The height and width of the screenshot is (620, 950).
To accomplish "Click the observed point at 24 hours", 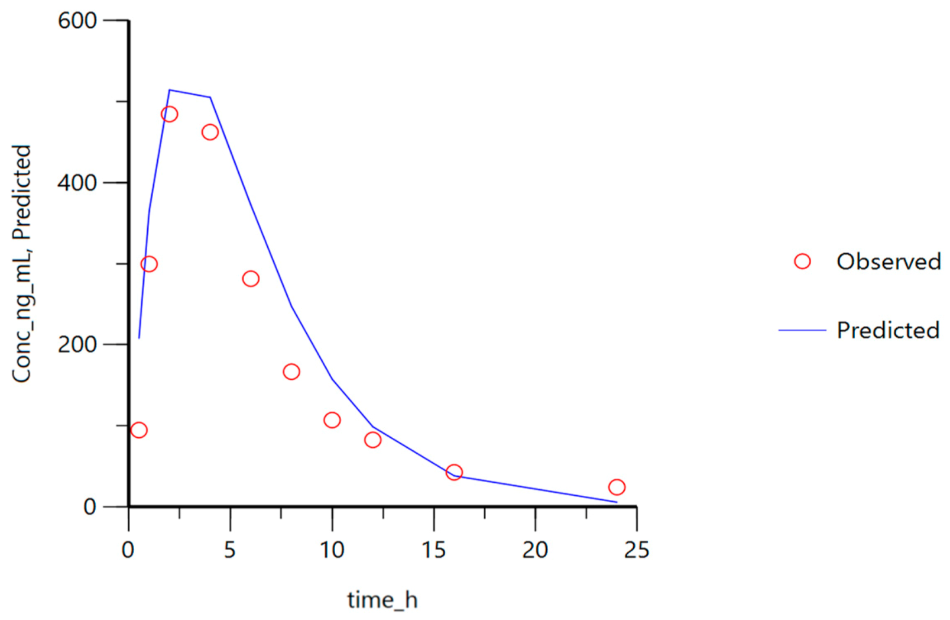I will [616, 487].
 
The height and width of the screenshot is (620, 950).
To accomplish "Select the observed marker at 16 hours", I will [453, 472].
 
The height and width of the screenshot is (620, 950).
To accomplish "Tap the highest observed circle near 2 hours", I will [169, 114].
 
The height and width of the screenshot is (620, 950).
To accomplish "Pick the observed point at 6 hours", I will [251, 279].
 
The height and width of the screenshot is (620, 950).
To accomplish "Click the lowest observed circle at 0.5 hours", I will [139, 430].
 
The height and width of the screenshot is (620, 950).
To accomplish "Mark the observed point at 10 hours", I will [332, 420].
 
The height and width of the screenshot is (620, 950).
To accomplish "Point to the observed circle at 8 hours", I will [291, 372].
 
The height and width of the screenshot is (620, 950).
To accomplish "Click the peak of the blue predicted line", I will [170, 90].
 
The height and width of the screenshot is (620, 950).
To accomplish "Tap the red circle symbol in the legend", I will [802, 261].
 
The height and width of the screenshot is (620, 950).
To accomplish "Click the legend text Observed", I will [888, 261].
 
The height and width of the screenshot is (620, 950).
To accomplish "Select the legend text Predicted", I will [887, 330].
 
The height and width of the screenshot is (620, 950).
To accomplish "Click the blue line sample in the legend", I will [802, 330].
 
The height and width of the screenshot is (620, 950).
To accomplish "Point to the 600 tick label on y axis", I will [77, 21].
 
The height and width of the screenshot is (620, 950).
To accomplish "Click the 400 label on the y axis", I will [77, 183].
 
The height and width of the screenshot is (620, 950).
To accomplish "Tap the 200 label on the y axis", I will [77, 344].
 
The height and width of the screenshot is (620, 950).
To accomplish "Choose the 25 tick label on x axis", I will [636, 550].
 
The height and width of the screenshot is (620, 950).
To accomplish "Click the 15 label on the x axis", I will [433, 550].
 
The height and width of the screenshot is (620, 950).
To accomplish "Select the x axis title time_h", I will [382, 600].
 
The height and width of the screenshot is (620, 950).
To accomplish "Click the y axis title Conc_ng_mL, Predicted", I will [22, 263].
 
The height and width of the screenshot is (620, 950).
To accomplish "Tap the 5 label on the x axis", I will [230, 550].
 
